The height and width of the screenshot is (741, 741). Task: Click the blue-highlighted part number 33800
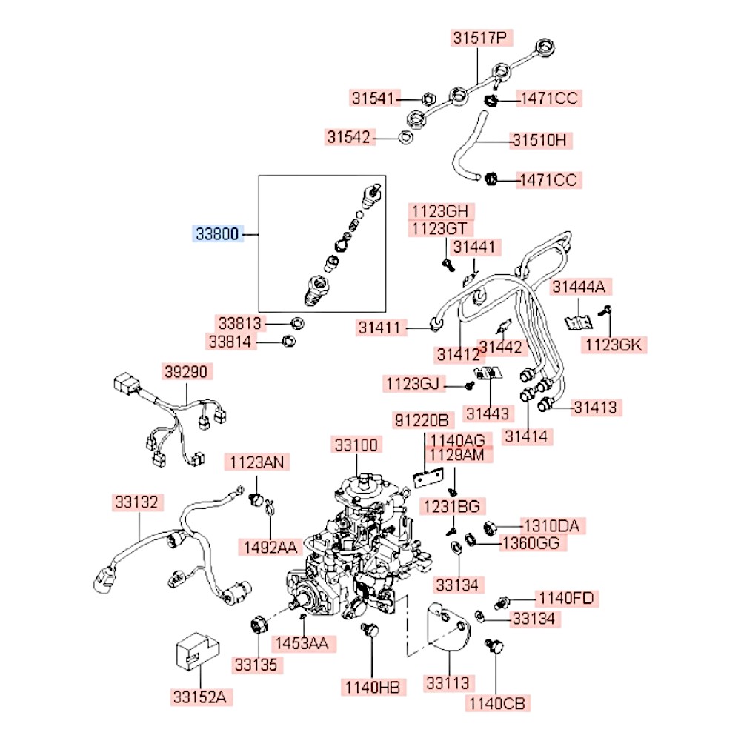[x=217, y=233]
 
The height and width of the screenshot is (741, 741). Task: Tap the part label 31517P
[x=480, y=37]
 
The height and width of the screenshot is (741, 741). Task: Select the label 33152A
[x=200, y=697]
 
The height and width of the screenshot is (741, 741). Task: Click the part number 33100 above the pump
[x=356, y=445]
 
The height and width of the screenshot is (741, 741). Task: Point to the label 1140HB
[x=373, y=687]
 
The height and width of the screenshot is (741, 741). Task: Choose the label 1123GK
[x=614, y=345]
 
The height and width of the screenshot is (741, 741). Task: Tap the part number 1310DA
[x=552, y=525]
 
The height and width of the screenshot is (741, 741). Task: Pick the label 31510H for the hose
[x=539, y=140]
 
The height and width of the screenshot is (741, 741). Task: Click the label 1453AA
[x=302, y=643]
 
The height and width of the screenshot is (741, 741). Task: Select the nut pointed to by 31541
[x=428, y=99]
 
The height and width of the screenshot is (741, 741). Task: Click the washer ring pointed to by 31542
[x=405, y=138]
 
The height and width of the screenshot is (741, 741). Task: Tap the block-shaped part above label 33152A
[x=198, y=651]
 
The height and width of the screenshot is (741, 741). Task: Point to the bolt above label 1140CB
[x=494, y=645]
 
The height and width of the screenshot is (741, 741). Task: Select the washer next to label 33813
[x=297, y=324]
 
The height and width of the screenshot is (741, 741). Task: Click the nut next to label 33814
[x=288, y=340]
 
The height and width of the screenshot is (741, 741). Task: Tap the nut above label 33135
[x=259, y=625]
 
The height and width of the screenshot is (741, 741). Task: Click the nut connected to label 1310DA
[x=490, y=528]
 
